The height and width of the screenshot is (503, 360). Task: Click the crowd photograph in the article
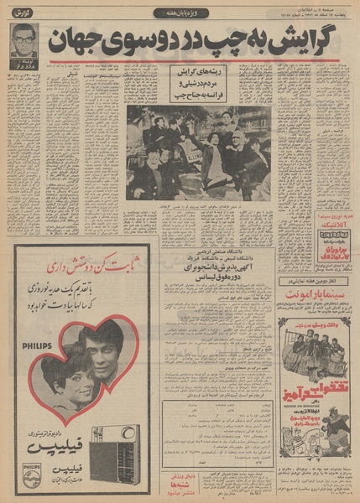point(198,153)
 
